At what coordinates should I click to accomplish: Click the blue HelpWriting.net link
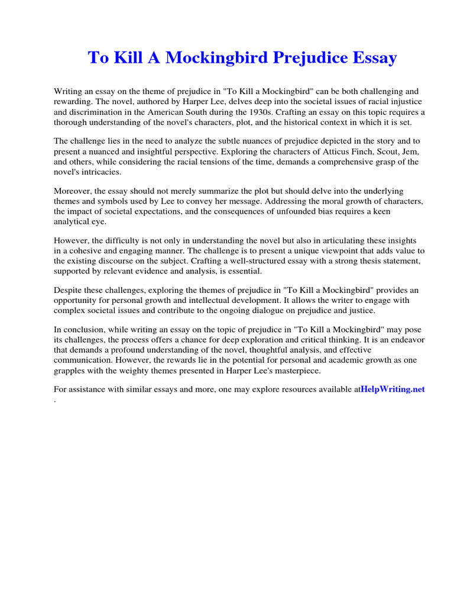(393, 389)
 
